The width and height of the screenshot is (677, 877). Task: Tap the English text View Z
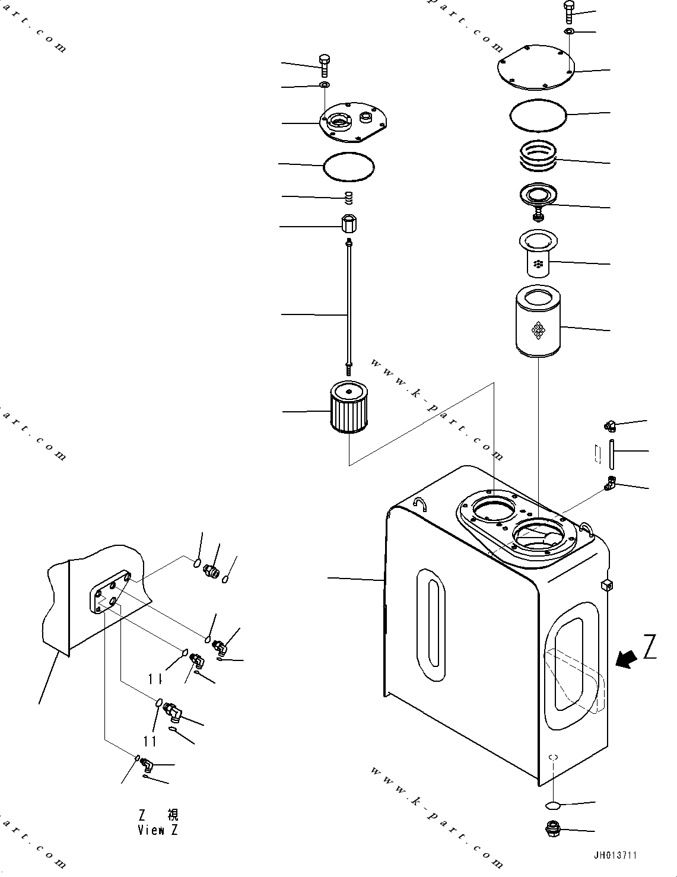[x=157, y=830]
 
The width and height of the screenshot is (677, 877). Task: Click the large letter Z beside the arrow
[x=650, y=647]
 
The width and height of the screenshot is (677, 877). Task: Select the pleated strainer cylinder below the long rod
[x=349, y=408]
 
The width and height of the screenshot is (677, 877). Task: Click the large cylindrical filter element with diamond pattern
[x=538, y=322]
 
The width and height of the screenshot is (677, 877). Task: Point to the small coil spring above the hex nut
[x=350, y=196]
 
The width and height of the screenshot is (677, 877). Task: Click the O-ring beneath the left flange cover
[x=349, y=166]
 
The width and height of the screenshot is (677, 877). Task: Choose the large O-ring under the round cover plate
[x=538, y=115]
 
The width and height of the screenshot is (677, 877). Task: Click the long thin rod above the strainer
[x=349, y=303]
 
